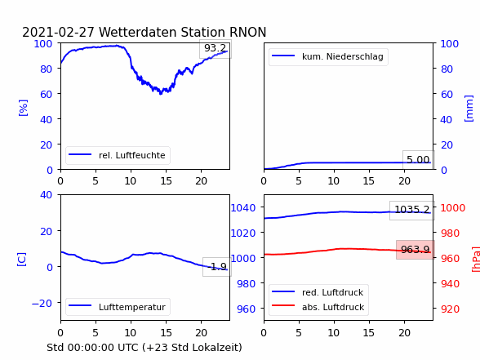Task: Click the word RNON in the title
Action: click(x=247, y=32)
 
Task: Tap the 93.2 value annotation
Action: click(x=216, y=48)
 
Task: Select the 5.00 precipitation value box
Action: click(x=418, y=159)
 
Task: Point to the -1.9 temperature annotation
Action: click(x=217, y=267)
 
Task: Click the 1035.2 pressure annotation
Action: click(x=412, y=210)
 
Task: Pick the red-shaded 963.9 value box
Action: click(x=416, y=250)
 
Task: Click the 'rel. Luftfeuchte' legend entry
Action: click(x=118, y=155)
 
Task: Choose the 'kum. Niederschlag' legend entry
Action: click(x=328, y=56)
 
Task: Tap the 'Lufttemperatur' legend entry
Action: click(x=118, y=307)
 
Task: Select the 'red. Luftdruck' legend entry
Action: click(x=318, y=292)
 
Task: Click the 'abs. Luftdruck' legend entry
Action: click(x=318, y=307)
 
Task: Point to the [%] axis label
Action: click(x=23, y=108)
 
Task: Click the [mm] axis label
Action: click(x=469, y=109)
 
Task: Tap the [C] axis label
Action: click(x=22, y=260)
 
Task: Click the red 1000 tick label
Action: click(x=452, y=208)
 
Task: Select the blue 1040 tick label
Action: click(x=243, y=208)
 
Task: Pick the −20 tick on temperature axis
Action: click(x=42, y=304)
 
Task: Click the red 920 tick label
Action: click(x=450, y=309)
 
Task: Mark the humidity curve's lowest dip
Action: click(x=160, y=94)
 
